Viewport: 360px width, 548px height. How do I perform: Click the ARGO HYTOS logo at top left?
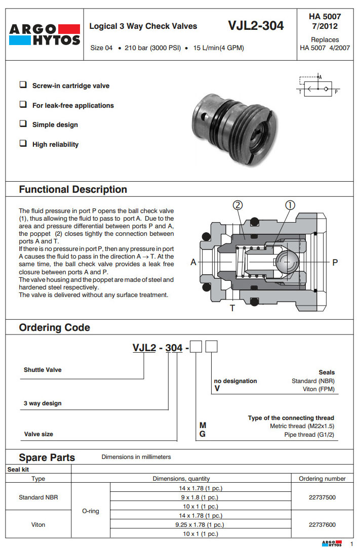(x=45, y=34)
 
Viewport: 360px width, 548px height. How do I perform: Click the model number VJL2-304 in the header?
(x=256, y=25)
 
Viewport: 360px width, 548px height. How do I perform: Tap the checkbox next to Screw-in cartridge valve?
(x=23, y=85)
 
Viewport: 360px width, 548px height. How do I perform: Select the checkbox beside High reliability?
(x=23, y=144)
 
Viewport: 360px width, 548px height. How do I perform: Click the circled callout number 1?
(x=290, y=205)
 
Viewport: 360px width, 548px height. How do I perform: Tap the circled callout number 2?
(x=238, y=205)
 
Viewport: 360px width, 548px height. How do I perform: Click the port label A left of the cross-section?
(x=193, y=262)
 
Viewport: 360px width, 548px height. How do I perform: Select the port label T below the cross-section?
(x=232, y=308)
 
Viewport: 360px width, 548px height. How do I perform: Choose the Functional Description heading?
(x=73, y=190)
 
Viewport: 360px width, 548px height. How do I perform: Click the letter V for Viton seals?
(x=217, y=390)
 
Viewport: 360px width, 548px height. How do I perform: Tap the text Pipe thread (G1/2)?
(x=309, y=435)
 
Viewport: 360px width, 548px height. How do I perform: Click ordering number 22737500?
(x=322, y=497)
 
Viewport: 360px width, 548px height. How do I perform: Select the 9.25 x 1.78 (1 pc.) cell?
(x=201, y=525)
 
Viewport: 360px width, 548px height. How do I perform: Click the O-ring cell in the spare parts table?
(x=91, y=511)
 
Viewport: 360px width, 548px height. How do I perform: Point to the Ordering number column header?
(x=322, y=478)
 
